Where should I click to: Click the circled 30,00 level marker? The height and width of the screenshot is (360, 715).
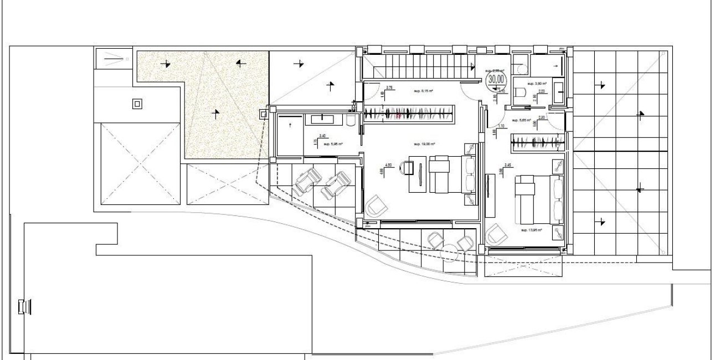pos(495,79)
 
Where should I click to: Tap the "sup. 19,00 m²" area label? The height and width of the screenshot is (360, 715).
pos(424,143)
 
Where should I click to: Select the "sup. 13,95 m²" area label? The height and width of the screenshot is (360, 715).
pos(531,229)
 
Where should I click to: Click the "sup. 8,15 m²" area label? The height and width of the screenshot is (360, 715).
pos(424,90)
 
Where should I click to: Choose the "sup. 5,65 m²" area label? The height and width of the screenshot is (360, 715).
pos(521,120)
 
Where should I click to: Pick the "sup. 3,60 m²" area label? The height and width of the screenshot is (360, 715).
pos(537,84)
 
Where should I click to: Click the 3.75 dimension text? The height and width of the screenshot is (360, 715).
pos(389,88)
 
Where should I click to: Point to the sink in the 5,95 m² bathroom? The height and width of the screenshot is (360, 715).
pos(320,118)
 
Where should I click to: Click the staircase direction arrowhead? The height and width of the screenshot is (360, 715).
pos(472,68)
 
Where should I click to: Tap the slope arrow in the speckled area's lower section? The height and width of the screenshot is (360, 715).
pos(215,114)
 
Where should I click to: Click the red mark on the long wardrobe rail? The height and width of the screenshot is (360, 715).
pos(398,116)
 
